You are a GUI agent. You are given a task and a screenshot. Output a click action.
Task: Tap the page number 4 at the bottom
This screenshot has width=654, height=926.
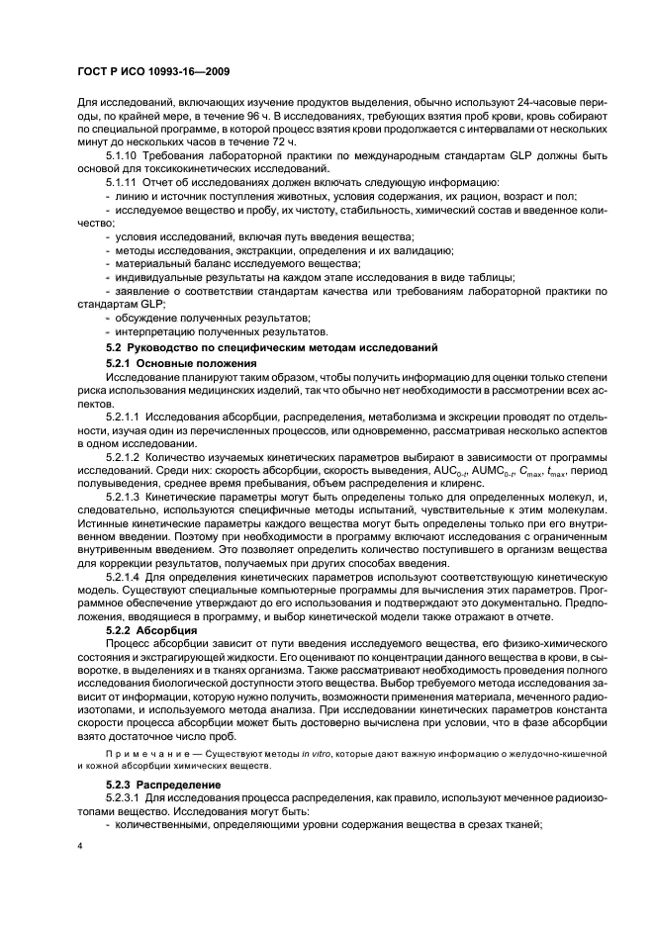pos(79,845)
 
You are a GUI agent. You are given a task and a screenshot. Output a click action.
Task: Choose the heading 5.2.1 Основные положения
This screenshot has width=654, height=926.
pos(174,365)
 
